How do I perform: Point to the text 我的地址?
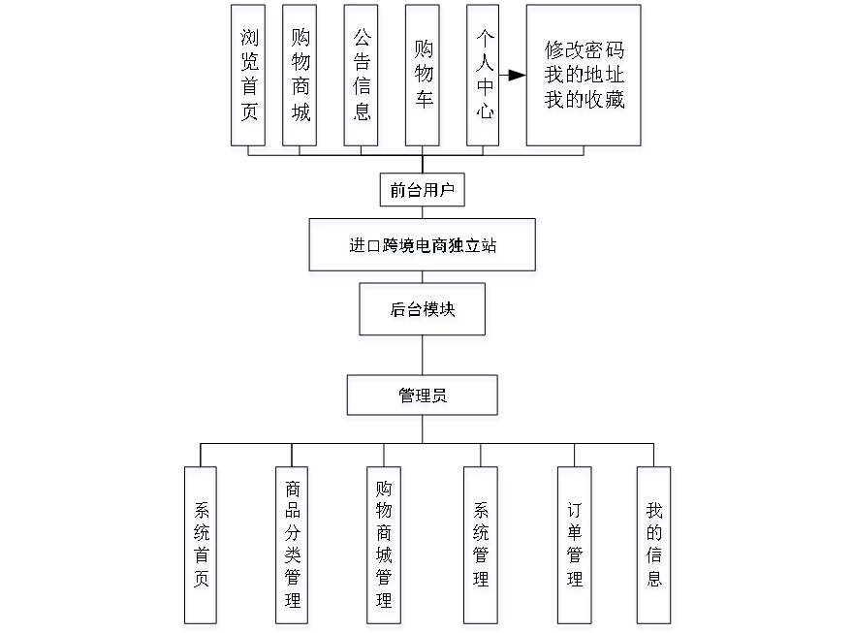(584, 76)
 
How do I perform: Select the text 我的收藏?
(584, 99)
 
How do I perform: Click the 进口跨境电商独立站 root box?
(423, 247)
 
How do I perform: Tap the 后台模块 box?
(424, 312)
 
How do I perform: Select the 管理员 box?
(424, 397)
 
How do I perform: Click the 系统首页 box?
(202, 548)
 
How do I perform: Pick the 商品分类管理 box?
(293, 548)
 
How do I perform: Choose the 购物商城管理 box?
(385, 548)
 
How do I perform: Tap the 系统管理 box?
(482, 548)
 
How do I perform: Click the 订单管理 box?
(575, 548)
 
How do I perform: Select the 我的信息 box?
(655, 548)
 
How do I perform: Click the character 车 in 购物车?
(424, 103)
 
